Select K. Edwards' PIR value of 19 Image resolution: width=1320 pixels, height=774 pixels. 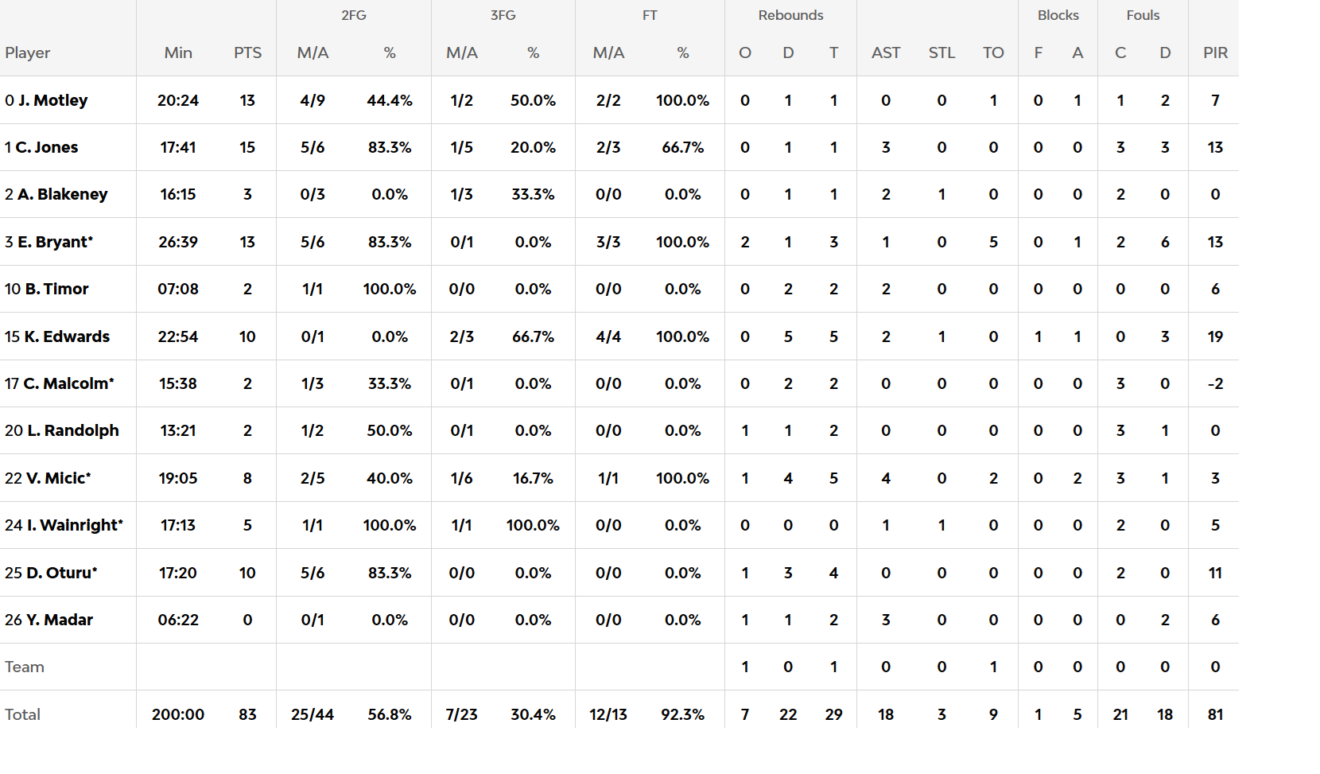click(x=1215, y=336)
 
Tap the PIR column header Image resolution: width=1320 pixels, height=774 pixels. click(x=1215, y=53)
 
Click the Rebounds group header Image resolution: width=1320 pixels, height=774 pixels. click(x=790, y=15)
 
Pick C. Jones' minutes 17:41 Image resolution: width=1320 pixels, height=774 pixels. click(x=178, y=147)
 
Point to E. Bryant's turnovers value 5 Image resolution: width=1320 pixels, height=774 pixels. click(x=993, y=242)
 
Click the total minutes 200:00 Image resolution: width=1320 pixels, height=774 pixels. click(x=178, y=714)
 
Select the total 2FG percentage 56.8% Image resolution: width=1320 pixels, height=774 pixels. click(x=390, y=714)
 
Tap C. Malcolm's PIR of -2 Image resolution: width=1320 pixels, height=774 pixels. click(x=1215, y=383)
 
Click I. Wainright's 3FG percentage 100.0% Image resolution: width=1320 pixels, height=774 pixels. click(x=533, y=525)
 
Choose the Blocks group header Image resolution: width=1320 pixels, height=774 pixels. click(x=1058, y=15)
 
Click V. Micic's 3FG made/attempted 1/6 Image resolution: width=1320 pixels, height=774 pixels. click(x=462, y=478)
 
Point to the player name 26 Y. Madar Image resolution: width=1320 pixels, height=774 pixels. click(x=49, y=620)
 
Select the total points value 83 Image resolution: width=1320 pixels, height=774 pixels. click(x=247, y=714)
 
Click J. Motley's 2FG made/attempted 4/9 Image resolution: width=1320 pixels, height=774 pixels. click(x=313, y=100)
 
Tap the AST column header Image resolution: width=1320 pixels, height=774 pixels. click(x=886, y=53)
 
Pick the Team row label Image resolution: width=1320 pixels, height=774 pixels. click(x=25, y=667)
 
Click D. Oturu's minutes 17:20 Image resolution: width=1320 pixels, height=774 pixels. click(x=178, y=573)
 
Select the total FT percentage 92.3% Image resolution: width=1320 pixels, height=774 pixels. click(x=682, y=714)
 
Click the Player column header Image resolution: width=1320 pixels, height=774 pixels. click(x=28, y=53)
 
